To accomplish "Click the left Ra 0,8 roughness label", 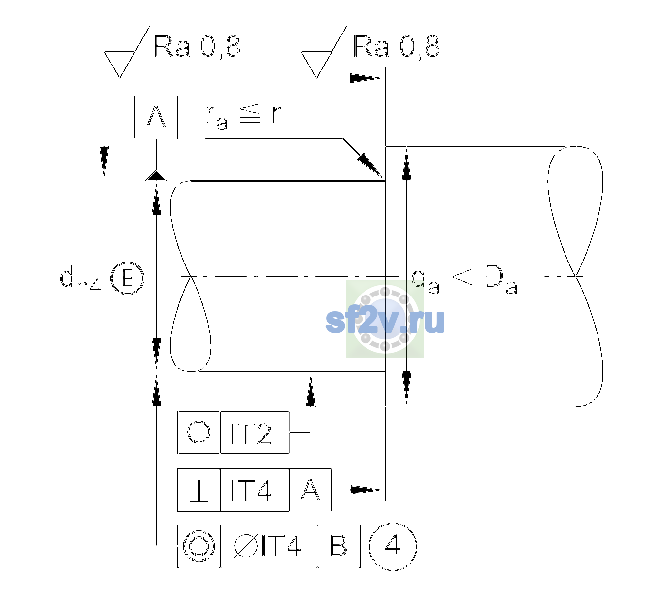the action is pos(197,47).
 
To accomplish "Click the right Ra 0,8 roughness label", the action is pos(396,47).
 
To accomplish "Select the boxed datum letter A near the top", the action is pos(156,117).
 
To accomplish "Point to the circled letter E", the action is pos(128,278).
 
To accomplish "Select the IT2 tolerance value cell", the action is pos(255,432).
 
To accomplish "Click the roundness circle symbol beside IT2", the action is pos(199,432).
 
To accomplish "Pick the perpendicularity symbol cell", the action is pos(199,490).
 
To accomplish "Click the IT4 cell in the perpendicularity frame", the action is pos(255,490).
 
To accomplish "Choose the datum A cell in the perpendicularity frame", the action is pos(310,490).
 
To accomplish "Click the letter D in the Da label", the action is pos(494,276).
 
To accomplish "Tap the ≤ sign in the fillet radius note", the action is pos(250,113).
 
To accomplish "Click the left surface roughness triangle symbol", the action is pos(119,65).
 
